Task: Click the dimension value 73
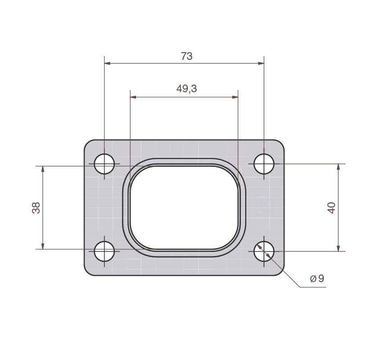pyautogui.click(x=186, y=56)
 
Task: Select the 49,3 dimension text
pyautogui.click(x=186, y=89)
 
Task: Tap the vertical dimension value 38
pyautogui.click(x=36, y=207)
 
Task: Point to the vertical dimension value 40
pyautogui.click(x=332, y=207)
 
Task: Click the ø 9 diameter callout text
pyautogui.click(x=317, y=279)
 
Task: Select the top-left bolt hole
pyautogui.click(x=105, y=164)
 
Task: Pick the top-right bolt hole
pyautogui.click(x=264, y=164)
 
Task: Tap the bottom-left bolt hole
pyautogui.click(x=105, y=251)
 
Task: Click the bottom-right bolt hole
pyautogui.click(x=264, y=251)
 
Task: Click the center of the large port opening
pyautogui.click(x=184, y=207)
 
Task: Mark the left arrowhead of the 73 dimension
pyautogui.click(x=107, y=63)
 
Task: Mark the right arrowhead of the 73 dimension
pyautogui.click(x=261, y=63)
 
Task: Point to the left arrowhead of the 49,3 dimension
pyautogui.click(x=133, y=97)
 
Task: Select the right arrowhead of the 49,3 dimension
pyautogui.click(x=235, y=97)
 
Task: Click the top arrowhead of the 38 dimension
pyautogui.click(x=43, y=169)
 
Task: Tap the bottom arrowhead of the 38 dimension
pyautogui.click(x=43, y=246)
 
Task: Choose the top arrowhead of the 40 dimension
pyautogui.click(x=338, y=166)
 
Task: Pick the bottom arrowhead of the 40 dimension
pyautogui.click(x=338, y=248)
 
